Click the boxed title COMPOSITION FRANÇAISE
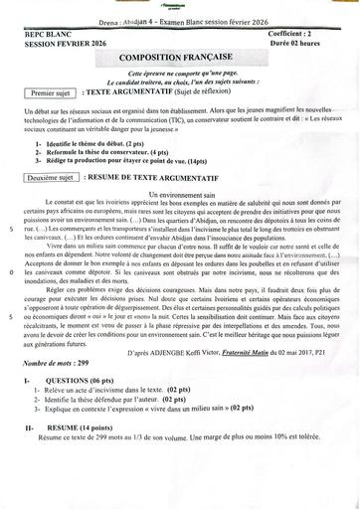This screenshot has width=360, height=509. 179,61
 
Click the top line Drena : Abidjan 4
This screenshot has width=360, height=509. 179,20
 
